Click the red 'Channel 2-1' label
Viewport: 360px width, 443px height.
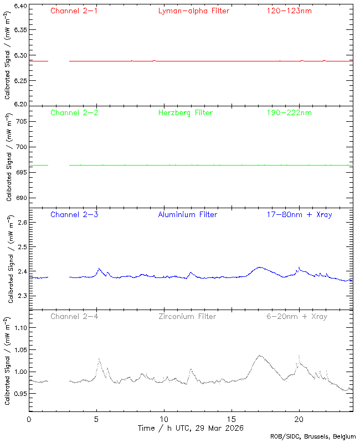[x=74, y=11]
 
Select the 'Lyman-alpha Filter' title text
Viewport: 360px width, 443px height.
[x=193, y=11]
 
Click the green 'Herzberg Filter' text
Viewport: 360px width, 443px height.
[x=186, y=113]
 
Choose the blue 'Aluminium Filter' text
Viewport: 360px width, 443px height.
[x=188, y=214]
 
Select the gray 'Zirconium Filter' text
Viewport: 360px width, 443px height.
[x=187, y=317]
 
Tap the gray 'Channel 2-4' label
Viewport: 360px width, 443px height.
[x=74, y=317]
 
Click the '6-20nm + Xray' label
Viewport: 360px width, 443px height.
[x=297, y=317]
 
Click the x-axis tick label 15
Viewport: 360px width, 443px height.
[x=232, y=420]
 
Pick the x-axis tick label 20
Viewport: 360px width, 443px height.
[x=299, y=420]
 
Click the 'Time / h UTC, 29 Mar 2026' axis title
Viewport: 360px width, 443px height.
[x=191, y=428]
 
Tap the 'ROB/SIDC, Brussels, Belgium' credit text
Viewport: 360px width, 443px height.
[x=313, y=437]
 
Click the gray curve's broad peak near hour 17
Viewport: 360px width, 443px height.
[x=259, y=356]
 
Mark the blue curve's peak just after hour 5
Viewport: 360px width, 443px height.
[x=99, y=269]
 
